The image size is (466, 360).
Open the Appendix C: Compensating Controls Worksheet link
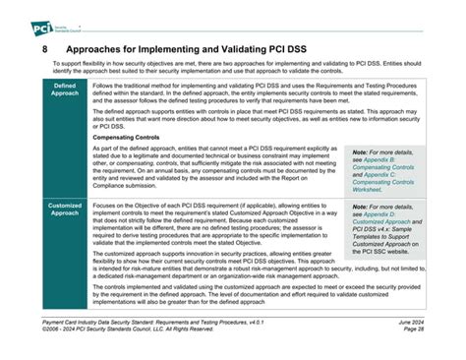(x=384, y=184)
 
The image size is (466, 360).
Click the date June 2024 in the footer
(x=408, y=323)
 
